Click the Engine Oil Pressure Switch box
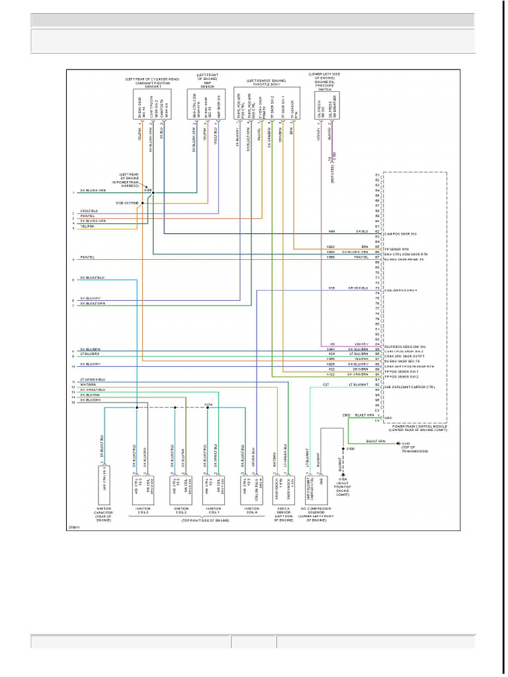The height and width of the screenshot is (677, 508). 324,104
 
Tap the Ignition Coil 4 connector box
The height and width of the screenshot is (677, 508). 250,482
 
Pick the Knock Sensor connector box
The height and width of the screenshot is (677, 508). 282,482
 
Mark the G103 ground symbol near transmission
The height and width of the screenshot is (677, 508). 398,443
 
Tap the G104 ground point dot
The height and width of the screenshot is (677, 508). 343,475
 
